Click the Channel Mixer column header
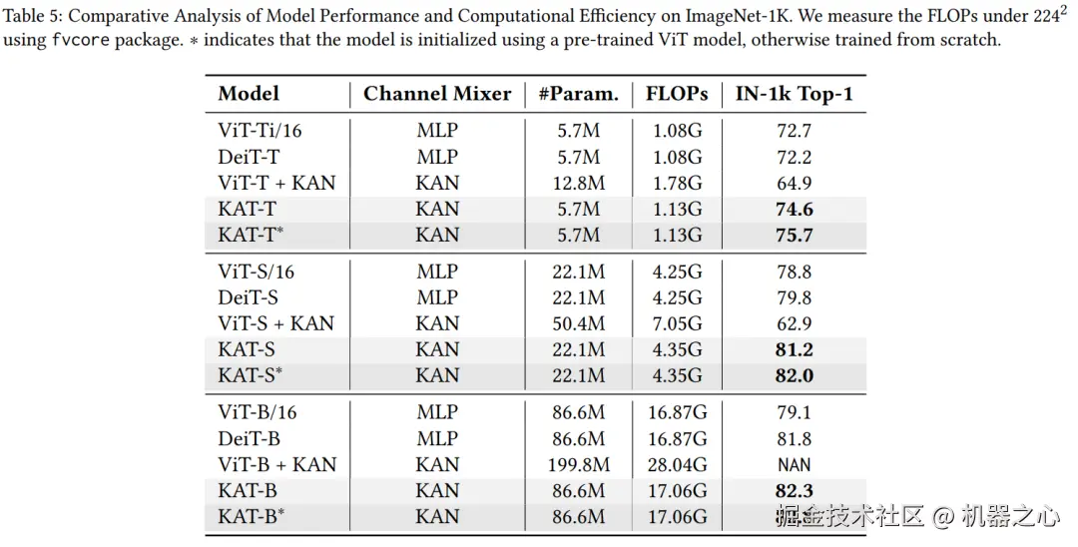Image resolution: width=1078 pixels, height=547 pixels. coord(436,94)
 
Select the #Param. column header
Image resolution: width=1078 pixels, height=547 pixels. coord(578,94)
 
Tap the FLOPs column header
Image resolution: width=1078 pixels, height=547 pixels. coord(677,94)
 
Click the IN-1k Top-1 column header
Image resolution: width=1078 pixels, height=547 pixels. coord(795,94)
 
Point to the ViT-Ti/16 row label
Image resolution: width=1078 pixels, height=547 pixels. coord(260,131)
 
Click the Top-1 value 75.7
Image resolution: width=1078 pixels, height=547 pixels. coord(795,235)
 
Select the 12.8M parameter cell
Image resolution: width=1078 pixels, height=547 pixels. coord(578,183)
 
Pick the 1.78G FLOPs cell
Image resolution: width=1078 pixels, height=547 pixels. coord(677,183)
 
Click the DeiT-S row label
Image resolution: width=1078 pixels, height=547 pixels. coord(249,297)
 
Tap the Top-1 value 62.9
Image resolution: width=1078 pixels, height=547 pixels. coord(795,323)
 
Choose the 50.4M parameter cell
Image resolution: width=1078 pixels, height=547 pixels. coord(578,323)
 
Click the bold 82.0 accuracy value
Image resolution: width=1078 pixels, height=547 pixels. coord(795,375)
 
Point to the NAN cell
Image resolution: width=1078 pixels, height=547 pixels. coord(795,464)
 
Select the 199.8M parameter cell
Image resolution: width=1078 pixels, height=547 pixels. coord(578,464)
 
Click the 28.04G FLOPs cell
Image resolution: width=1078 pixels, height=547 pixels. coord(677,464)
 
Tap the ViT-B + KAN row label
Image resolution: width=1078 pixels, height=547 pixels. coord(276,464)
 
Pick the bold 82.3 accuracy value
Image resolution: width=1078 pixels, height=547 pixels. coord(795,490)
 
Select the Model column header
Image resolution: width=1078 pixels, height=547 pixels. coord(249,94)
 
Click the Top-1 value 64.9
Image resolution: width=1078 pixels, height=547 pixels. coord(795,183)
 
